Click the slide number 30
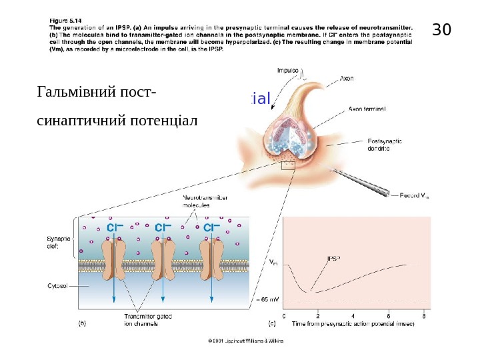coord(442,30)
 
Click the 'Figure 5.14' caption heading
coord(65,20)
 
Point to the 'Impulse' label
coord(288,69)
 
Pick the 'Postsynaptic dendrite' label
coord(385,145)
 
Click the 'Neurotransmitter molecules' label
coord(205,202)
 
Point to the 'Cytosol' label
coord(57,285)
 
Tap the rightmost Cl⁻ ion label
coord(212,227)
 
